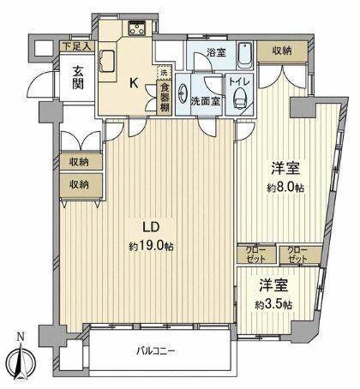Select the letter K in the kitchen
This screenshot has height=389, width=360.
coord(134,84)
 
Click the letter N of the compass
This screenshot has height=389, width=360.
coord(21,333)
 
